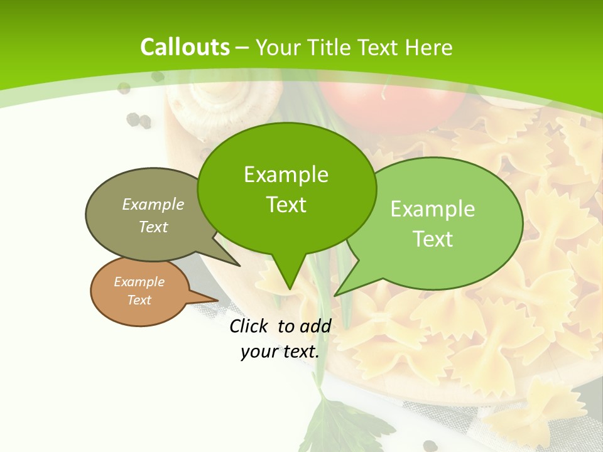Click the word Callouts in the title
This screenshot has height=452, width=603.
(185, 47)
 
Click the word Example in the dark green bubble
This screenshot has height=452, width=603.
(286, 175)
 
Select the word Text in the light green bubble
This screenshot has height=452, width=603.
(433, 239)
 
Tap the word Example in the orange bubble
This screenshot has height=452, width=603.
(139, 282)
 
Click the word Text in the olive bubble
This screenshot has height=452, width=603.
(153, 227)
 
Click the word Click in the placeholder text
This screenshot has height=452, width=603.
(249, 326)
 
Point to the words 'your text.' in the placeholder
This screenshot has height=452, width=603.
(280, 352)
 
